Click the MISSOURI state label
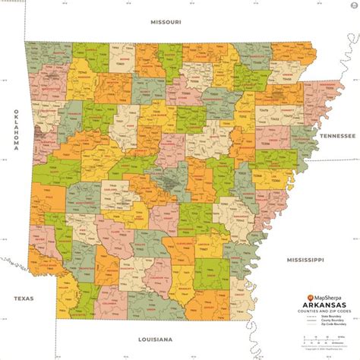(166, 24)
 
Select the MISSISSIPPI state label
(302, 259)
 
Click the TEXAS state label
(17, 298)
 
